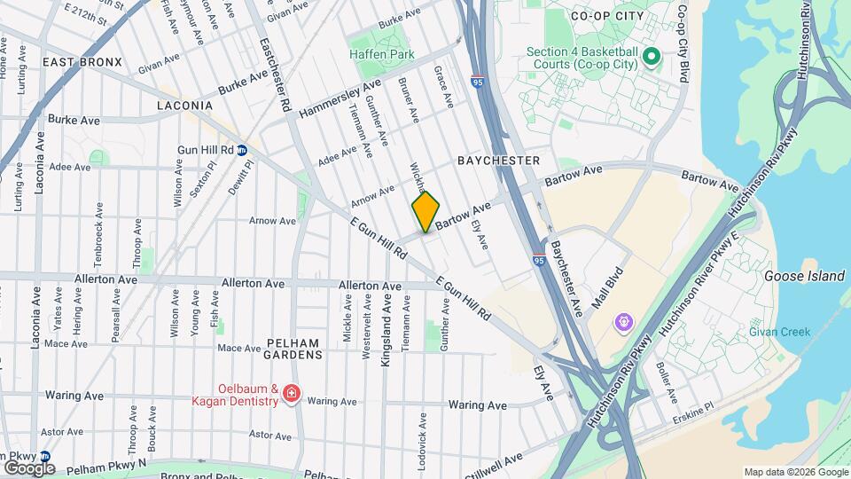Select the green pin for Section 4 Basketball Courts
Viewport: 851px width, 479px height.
coord(652,58)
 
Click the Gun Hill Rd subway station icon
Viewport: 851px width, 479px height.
coord(241,150)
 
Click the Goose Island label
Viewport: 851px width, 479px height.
coord(804,276)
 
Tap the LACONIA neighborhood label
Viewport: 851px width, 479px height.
coord(184,106)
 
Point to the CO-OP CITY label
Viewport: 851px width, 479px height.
coord(604,17)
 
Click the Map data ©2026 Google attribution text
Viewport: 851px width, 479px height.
coord(795,472)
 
